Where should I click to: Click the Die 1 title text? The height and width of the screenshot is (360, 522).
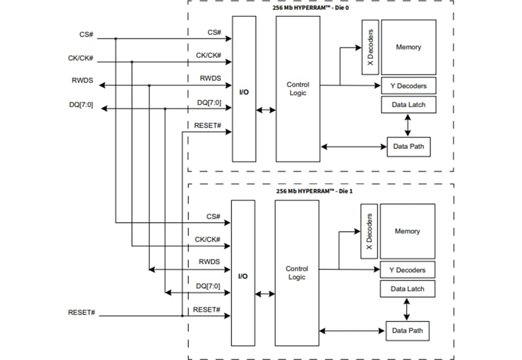[x=314, y=191]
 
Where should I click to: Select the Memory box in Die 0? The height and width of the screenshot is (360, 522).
[x=408, y=47]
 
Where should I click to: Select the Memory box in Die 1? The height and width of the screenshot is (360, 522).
[x=407, y=231]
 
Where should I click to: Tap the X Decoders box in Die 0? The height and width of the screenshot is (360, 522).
[x=370, y=47]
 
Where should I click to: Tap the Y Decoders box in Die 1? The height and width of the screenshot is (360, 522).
[x=407, y=270]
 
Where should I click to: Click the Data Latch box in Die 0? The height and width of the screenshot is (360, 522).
[x=408, y=104]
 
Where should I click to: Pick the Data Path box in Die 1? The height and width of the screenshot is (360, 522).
[x=407, y=331]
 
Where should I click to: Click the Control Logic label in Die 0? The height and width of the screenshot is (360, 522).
[x=298, y=88]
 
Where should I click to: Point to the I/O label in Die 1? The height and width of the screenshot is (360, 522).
[x=243, y=276]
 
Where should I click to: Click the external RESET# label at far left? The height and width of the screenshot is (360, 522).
[x=81, y=313]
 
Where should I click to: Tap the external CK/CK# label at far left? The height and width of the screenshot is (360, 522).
[x=80, y=58]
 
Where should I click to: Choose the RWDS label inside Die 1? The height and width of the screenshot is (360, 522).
[x=209, y=262]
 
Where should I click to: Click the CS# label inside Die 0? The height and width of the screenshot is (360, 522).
[x=214, y=32]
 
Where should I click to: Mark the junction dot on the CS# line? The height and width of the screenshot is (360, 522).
[x=116, y=39]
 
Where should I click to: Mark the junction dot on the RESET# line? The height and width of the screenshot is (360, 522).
[x=182, y=316]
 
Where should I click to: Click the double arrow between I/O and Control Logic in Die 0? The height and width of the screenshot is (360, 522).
[x=266, y=110]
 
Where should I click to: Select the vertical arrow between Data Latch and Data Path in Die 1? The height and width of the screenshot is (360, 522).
[x=406, y=309]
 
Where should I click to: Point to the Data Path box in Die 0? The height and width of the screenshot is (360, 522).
[x=408, y=146]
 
